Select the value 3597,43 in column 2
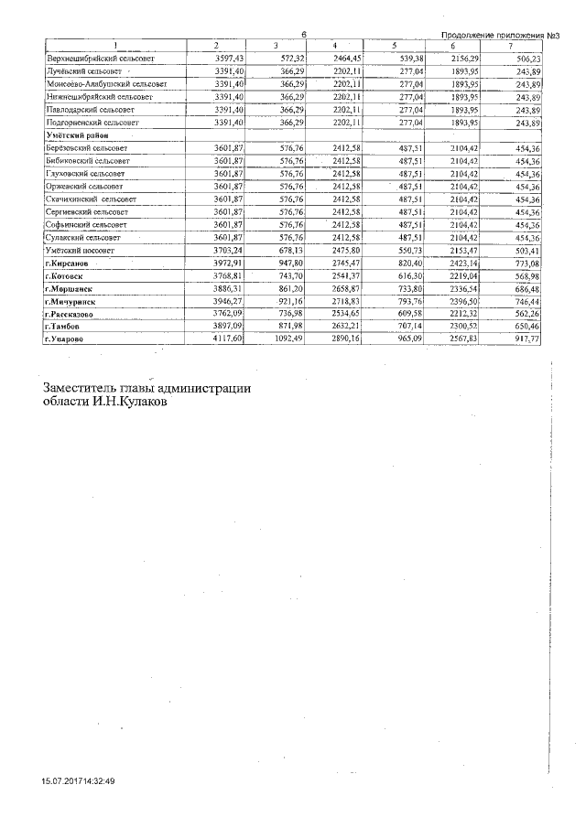coord(228,58)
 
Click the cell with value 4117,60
coord(228,339)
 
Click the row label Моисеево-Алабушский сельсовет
coord(106,83)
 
